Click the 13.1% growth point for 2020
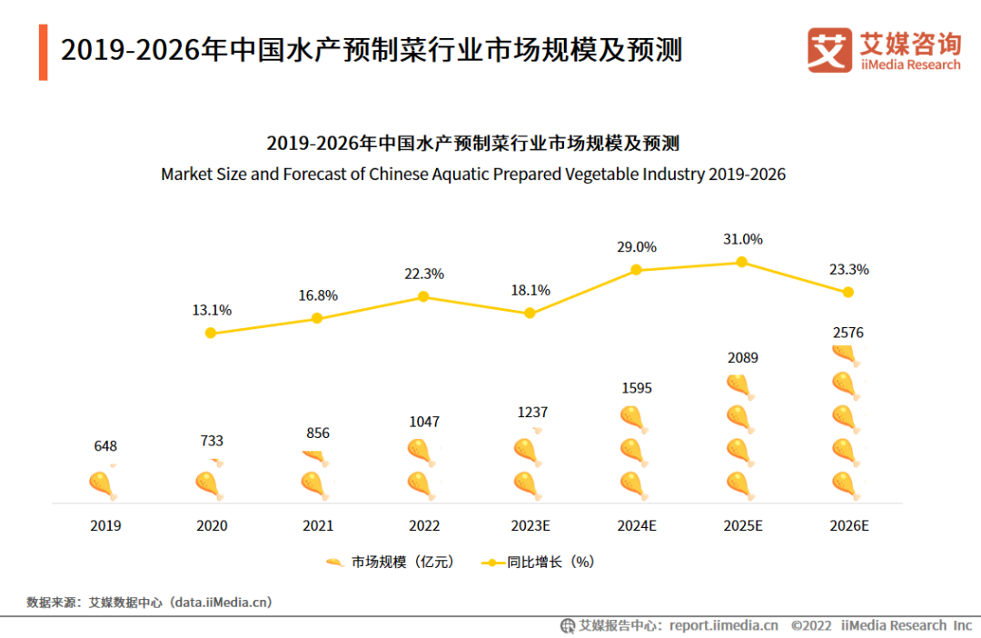tap(211, 333)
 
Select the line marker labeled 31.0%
tap(741, 262)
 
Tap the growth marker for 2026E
tap(848, 292)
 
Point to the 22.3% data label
tap(424, 274)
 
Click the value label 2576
tap(847, 333)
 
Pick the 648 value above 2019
tap(105, 446)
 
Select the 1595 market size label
tap(636, 388)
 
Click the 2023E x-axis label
tap(530, 525)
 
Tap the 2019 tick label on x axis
tap(105, 525)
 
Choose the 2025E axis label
tap(743, 525)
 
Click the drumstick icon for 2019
tap(103, 484)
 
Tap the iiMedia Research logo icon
tap(829, 50)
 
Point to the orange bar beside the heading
tap(43, 53)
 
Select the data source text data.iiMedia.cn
tap(223, 602)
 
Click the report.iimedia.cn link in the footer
tap(723, 625)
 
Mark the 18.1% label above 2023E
tap(530, 290)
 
